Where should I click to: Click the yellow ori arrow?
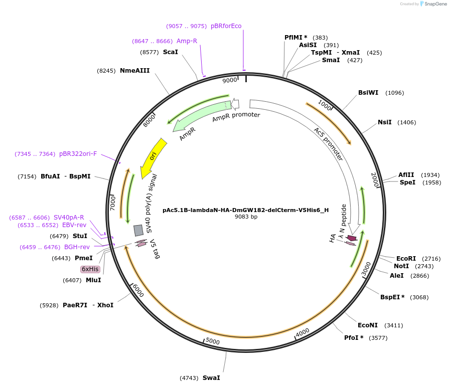pyautogui.click(x=152, y=157)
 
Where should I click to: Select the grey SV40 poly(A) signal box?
pyautogui.click(x=138, y=230)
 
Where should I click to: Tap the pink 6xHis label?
pyautogui.click(x=90, y=269)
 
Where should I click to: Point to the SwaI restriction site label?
pyautogui.click(x=211, y=377)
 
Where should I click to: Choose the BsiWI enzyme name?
pyautogui.click(x=368, y=93)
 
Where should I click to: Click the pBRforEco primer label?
pyautogui.click(x=226, y=26)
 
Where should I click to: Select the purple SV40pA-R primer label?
pyautogui.click(x=69, y=218)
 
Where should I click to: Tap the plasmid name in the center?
pyautogui.click(x=246, y=210)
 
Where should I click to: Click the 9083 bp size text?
pyautogui.click(x=246, y=217)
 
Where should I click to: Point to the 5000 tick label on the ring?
pyautogui.click(x=213, y=341)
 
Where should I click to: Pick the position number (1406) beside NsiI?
pyautogui.click(x=406, y=122)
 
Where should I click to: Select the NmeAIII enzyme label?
pyautogui.click(x=134, y=71)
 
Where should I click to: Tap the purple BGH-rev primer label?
pyautogui.click(x=77, y=247)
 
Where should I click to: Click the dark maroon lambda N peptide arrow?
pyautogui.click(x=352, y=238)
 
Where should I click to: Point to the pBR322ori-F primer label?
pyautogui.click(x=78, y=154)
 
